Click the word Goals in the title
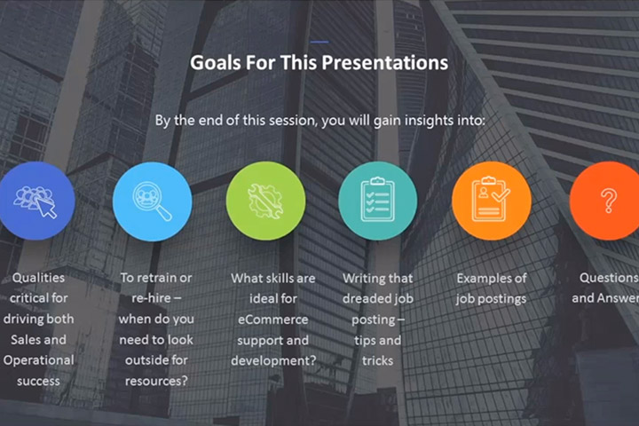point(216,63)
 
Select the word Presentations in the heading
point(384,63)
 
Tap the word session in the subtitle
point(290,121)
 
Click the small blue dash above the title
point(319,42)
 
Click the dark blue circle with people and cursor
point(35,201)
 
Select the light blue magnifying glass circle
point(152,201)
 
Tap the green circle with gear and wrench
point(265,201)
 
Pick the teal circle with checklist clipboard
point(378,201)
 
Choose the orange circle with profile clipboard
point(492,201)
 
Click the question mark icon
point(609,201)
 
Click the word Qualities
point(39,278)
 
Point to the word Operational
point(39,360)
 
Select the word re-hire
point(151,298)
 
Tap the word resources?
point(156,381)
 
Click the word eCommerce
point(273,319)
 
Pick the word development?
point(273,361)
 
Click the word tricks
point(378,361)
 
